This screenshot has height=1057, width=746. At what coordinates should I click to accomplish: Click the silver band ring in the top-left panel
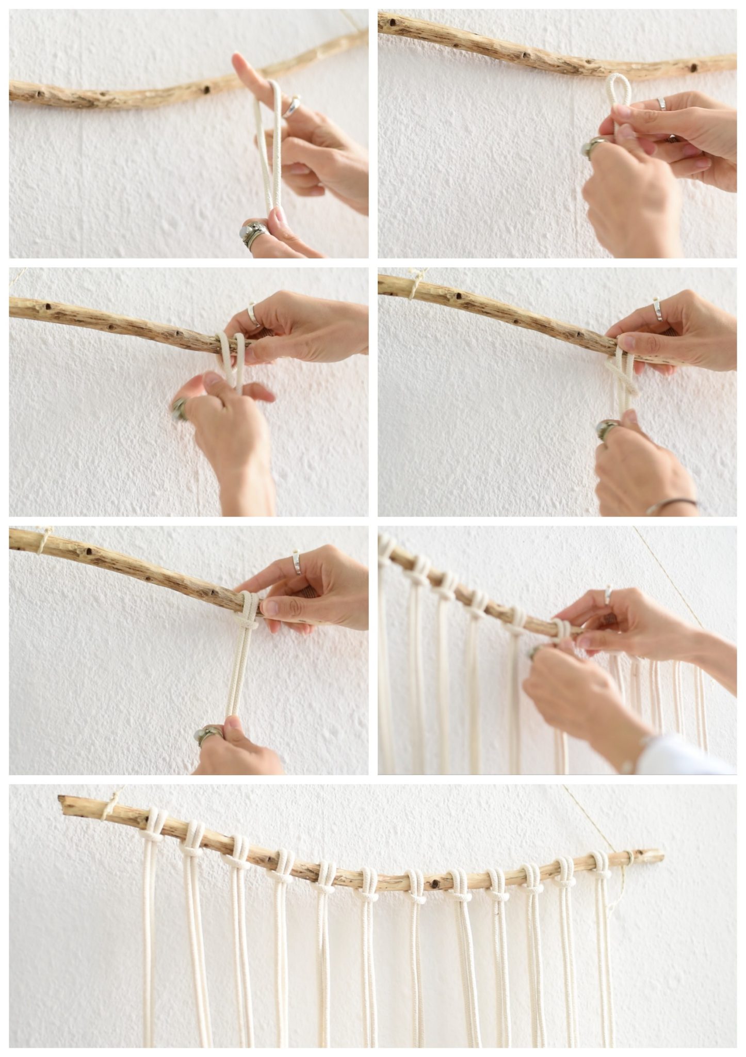click(291, 106)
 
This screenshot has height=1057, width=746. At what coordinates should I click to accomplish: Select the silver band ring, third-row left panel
click(297, 563)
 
